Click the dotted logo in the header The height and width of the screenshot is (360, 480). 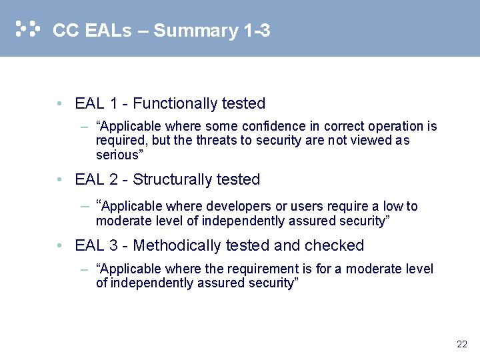point(27,29)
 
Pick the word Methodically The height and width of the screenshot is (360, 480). point(177,246)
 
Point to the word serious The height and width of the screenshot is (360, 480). point(117,155)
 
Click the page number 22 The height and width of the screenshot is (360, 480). point(462,345)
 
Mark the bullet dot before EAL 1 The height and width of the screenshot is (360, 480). point(60,105)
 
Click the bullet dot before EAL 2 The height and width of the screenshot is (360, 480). point(60,181)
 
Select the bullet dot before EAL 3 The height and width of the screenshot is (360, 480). point(60,247)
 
